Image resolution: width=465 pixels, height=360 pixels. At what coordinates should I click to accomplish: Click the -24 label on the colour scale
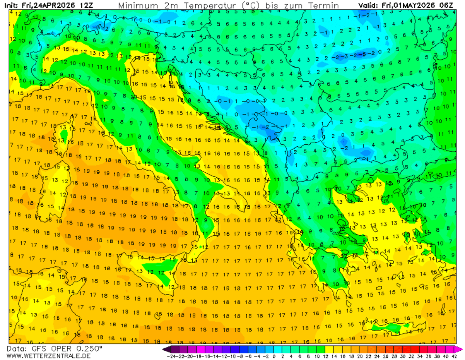(x=169, y=356)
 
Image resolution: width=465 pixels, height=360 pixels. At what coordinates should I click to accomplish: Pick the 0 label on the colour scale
(x=274, y=356)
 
